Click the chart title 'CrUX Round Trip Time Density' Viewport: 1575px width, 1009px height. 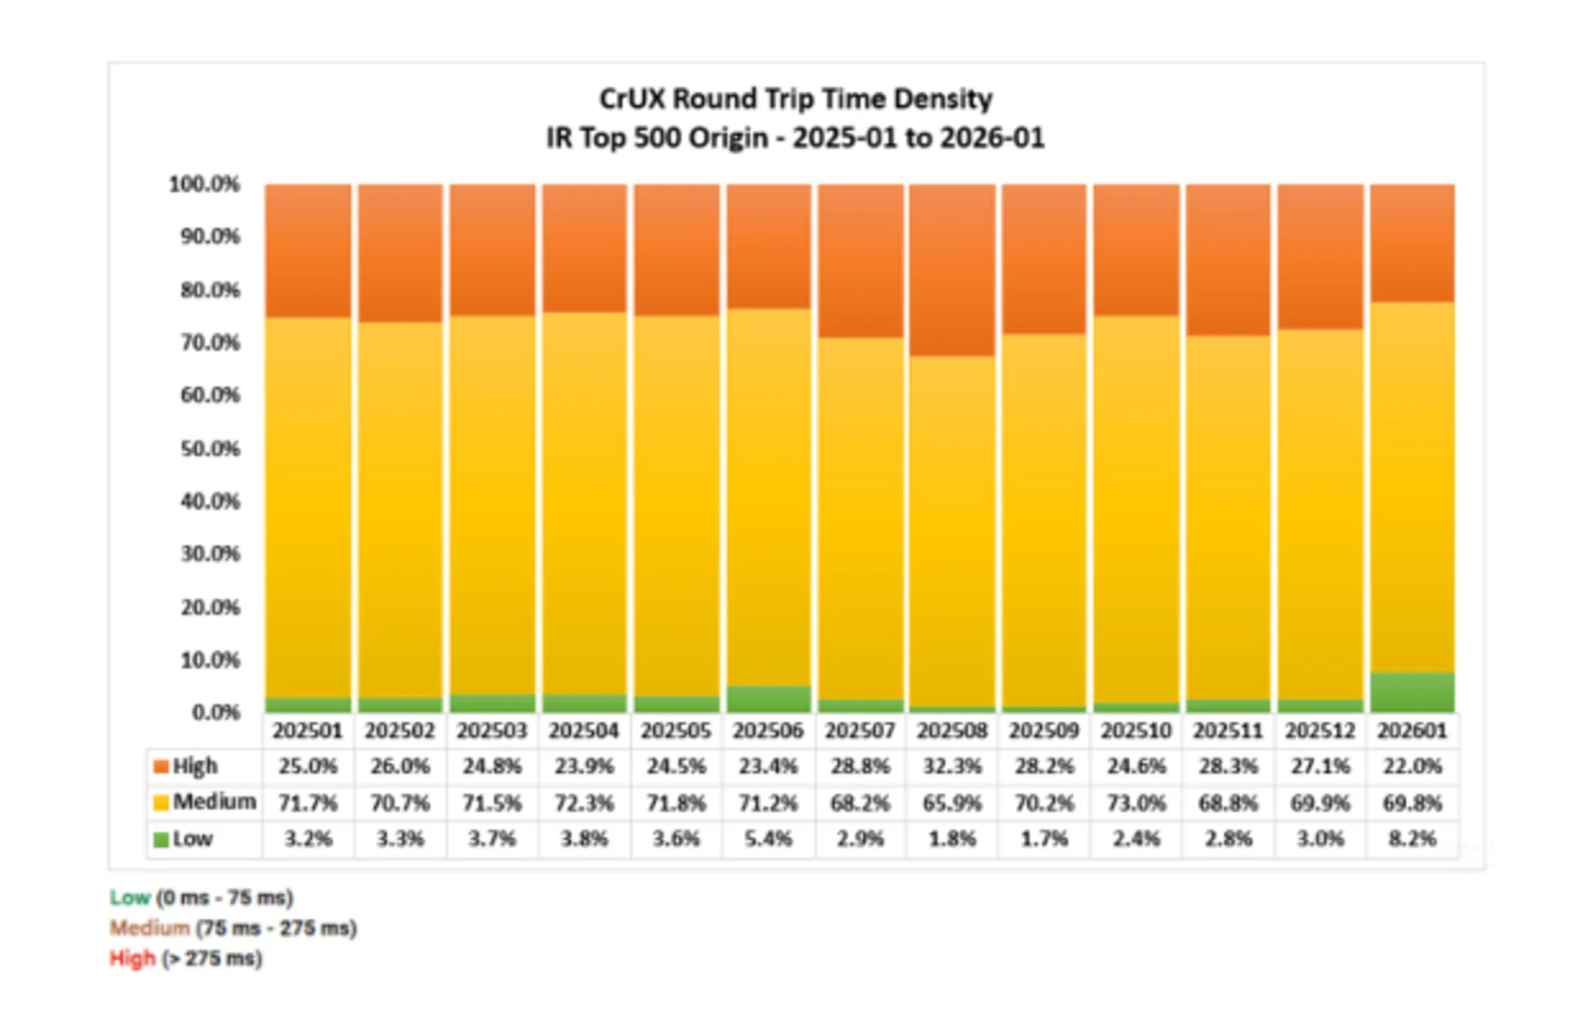coord(795,99)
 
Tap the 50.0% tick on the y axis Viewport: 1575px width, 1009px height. coord(210,449)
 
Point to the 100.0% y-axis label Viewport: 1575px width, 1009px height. coord(204,184)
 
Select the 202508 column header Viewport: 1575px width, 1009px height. coord(952,730)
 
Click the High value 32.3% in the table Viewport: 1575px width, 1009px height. coord(952,766)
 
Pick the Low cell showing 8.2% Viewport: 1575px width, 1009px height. coord(1412,838)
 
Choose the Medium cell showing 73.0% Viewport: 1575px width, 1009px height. coord(1136,802)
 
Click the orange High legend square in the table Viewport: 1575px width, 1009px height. coord(161,766)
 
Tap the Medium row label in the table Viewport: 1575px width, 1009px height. coord(214,801)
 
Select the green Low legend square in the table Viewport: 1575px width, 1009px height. coord(161,839)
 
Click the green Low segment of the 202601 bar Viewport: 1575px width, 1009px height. coord(1412,692)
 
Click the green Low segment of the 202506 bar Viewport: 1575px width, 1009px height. coord(769,698)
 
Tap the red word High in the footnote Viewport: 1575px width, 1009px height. coord(132,958)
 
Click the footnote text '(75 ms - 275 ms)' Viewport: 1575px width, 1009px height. coord(276,928)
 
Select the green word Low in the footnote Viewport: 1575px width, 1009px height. coord(130,897)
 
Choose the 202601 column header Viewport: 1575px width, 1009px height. coord(1412,730)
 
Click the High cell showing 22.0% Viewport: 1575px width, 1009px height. coord(1412,766)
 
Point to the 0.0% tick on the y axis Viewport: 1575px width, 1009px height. coord(216,712)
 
